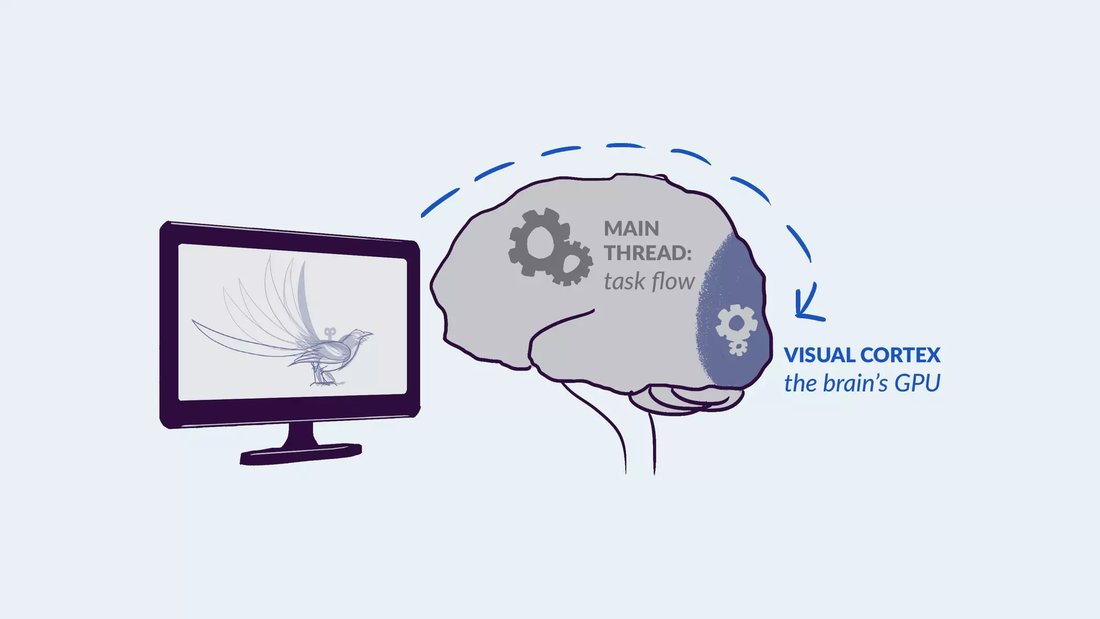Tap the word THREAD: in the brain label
(648, 253)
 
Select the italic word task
(624, 282)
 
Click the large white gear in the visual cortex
(737, 323)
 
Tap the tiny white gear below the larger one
(738, 347)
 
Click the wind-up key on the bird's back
(330, 333)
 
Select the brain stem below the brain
(639, 441)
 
